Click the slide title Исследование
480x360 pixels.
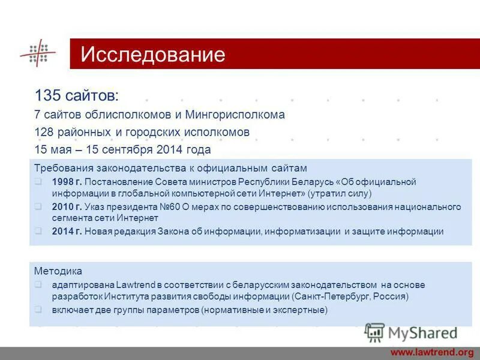[x=153, y=55]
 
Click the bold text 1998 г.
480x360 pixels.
[x=67, y=182]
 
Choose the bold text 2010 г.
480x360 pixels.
[x=67, y=206]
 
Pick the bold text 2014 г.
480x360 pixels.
[x=67, y=231]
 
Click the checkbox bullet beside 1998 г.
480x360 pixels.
[x=38, y=182]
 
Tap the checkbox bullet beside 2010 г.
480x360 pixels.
[x=38, y=206]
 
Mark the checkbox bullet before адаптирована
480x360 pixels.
[x=38, y=286]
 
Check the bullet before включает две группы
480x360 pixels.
[x=38, y=310]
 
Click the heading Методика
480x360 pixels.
[x=58, y=271]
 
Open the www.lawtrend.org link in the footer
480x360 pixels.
[x=432, y=352]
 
